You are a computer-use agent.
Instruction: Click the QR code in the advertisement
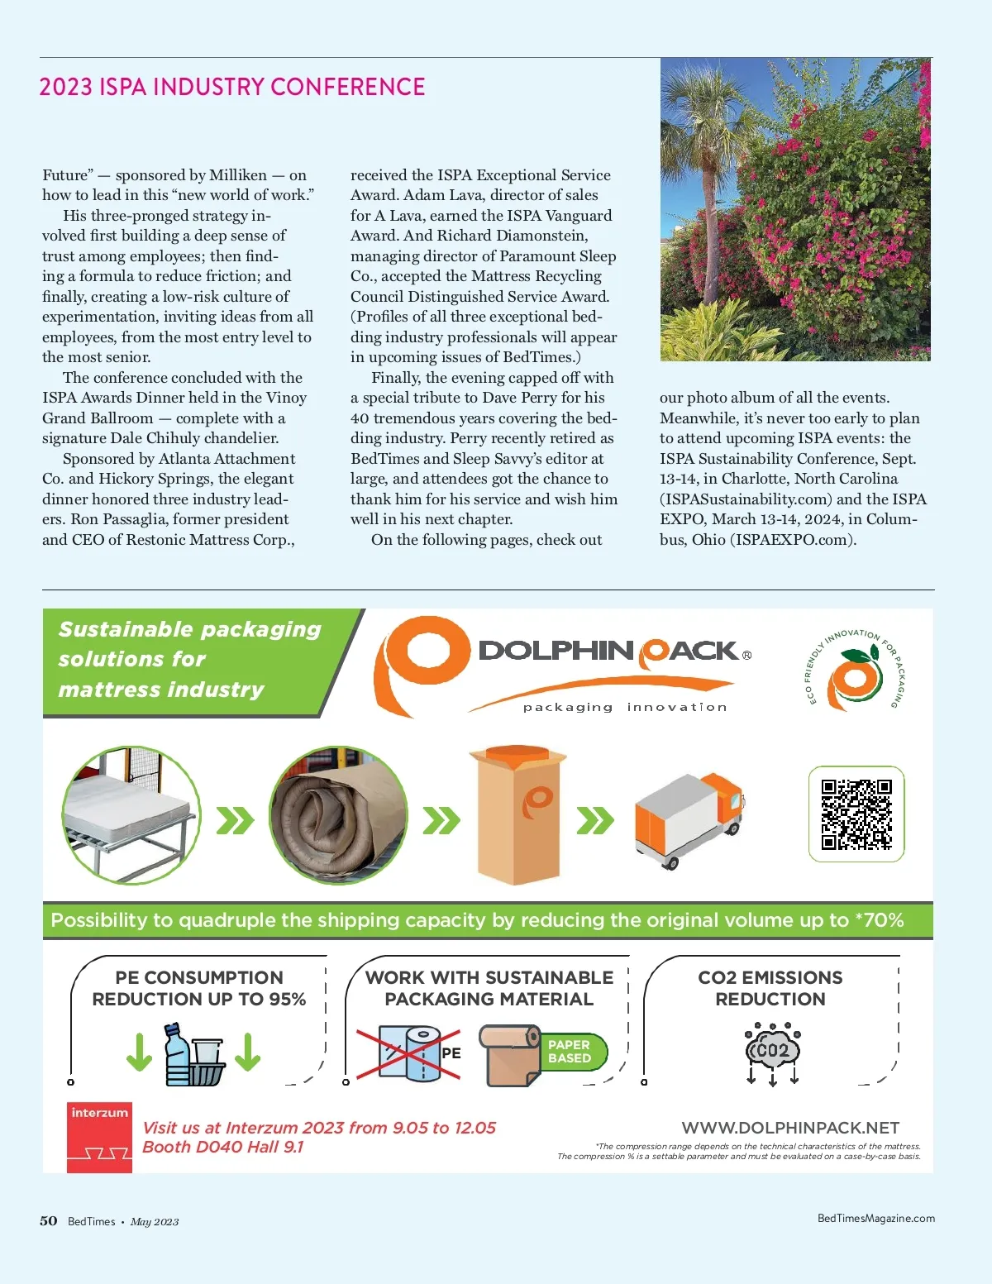click(x=856, y=814)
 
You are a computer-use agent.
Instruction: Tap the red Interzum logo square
click(x=99, y=1137)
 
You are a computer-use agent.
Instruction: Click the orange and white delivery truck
click(x=689, y=819)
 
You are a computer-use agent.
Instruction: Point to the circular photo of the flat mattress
click(x=131, y=815)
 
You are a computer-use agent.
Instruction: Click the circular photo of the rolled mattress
click(x=339, y=815)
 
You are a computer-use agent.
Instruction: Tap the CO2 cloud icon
click(x=773, y=1051)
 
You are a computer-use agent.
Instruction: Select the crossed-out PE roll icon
click(x=409, y=1053)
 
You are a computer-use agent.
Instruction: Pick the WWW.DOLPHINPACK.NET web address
click(x=790, y=1128)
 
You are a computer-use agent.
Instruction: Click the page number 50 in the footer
click(x=49, y=1221)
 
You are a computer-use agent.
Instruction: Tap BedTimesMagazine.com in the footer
click(x=875, y=1218)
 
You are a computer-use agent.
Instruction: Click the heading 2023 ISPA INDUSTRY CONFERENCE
click(x=232, y=87)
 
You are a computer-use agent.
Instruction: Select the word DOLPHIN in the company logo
click(x=556, y=651)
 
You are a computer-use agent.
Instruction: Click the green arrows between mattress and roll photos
click(x=235, y=821)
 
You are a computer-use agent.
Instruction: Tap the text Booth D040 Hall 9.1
click(x=223, y=1147)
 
